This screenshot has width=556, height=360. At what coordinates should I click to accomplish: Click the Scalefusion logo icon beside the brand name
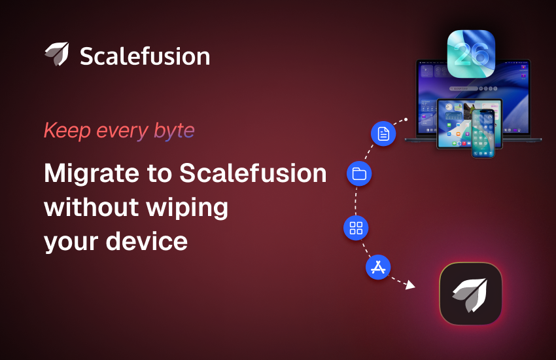point(57,54)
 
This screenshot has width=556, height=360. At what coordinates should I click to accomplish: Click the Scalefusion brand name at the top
point(145,56)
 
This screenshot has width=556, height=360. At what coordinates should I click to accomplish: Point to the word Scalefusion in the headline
point(253,173)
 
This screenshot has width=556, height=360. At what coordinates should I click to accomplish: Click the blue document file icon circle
point(383,134)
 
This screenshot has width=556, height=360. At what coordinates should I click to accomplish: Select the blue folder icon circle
point(359,173)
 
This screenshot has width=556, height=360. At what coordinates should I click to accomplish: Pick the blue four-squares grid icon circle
point(356,228)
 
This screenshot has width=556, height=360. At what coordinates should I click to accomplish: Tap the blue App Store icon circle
point(378,267)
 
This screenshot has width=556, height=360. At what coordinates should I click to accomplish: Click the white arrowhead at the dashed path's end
point(410,285)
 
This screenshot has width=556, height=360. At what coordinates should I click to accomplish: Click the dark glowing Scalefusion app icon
point(471,294)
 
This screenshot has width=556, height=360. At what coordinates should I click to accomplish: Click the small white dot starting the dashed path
point(406,120)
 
